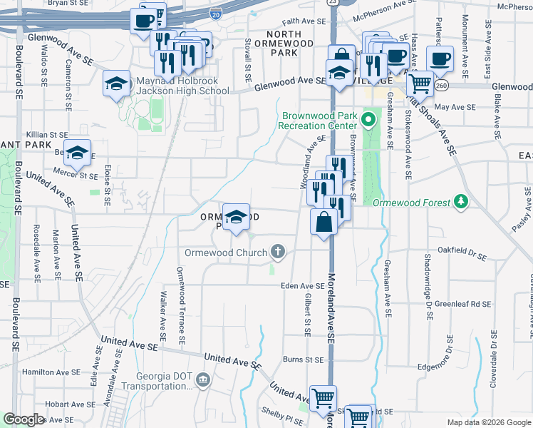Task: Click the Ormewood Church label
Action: [x=225, y=253]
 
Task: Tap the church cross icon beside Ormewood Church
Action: [x=278, y=252]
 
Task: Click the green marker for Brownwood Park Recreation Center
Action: [x=368, y=119]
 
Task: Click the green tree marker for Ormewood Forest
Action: [x=461, y=202]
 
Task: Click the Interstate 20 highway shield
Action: [x=217, y=13]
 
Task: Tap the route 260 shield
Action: [x=443, y=86]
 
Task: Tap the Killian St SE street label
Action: [x=47, y=134]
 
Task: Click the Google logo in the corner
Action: [x=24, y=419]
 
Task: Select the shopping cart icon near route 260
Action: [x=420, y=83]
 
